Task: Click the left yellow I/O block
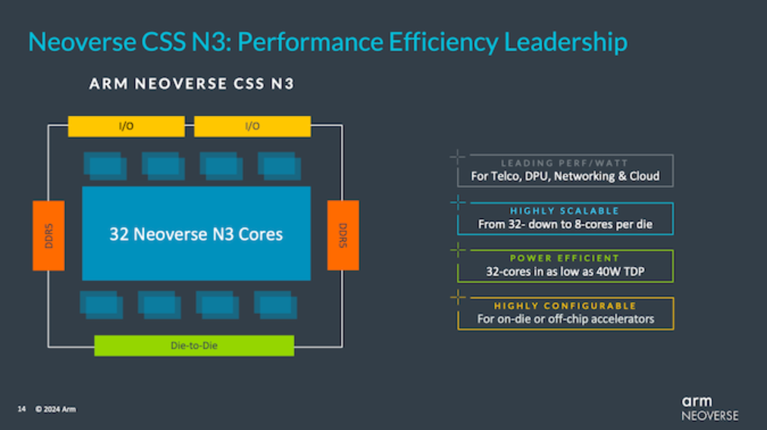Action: tap(126, 126)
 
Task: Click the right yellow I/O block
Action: tap(252, 126)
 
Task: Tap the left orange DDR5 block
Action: tap(49, 235)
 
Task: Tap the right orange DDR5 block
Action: tap(343, 235)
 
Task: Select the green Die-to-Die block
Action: tap(194, 346)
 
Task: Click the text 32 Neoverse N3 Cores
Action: tap(196, 234)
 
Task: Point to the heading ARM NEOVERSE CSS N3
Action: tap(192, 83)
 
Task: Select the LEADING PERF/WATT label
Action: tap(565, 163)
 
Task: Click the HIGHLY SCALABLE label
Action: tap(565, 211)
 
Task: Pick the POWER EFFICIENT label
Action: tap(565, 259)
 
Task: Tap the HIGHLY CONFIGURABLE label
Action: tap(565, 306)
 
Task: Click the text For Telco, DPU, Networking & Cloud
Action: tap(565, 177)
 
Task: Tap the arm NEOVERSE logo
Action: tap(709, 407)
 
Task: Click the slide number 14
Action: tap(21, 410)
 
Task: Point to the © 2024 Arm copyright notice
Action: tap(55, 410)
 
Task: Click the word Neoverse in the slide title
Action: tap(73, 42)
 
